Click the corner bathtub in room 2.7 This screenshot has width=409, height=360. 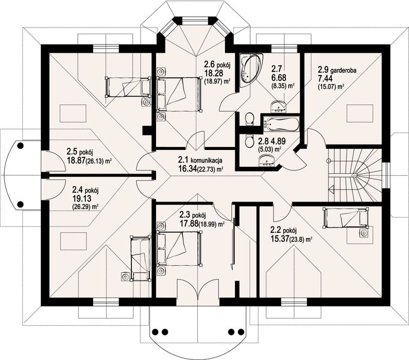(x=251, y=71)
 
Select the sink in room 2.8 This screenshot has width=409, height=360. (x=266, y=160)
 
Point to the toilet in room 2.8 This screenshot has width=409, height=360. (x=250, y=142)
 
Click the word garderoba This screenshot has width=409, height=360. (x=343, y=70)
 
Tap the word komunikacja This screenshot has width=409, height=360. (x=206, y=160)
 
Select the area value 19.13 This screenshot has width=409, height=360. (x=82, y=199)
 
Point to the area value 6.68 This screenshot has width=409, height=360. (x=279, y=77)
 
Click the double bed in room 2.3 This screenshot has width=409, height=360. (x=179, y=249)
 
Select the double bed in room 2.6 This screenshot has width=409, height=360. (x=179, y=94)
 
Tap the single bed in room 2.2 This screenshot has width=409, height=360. (x=345, y=217)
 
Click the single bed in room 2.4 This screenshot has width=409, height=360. (x=140, y=258)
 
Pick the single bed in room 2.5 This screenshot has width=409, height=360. (x=128, y=87)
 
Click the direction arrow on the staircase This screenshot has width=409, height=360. (x=331, y=188)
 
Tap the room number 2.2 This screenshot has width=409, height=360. (x=276, y=230)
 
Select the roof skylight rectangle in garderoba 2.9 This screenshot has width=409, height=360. (x=360, y=113)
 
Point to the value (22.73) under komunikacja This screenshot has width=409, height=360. (x=207, y=169)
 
